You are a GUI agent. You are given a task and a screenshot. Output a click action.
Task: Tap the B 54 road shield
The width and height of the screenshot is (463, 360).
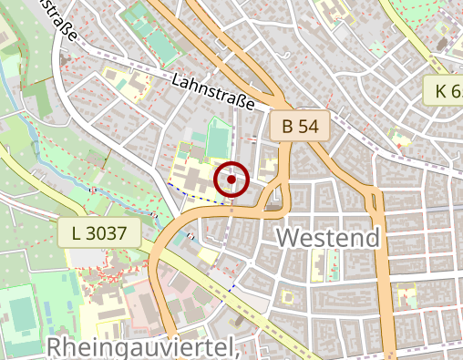298,127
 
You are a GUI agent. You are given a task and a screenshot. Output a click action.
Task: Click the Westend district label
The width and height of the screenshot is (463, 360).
327,239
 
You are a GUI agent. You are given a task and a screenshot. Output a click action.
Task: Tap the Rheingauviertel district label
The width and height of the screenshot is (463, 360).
142,347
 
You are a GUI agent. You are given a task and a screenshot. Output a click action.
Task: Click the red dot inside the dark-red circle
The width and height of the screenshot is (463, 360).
231,180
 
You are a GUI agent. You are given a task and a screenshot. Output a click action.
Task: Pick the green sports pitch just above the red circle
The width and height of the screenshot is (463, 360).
218,140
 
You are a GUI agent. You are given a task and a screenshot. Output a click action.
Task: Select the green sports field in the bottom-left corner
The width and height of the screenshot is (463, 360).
21,312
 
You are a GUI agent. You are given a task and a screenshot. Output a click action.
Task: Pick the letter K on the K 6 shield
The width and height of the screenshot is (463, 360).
441,90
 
